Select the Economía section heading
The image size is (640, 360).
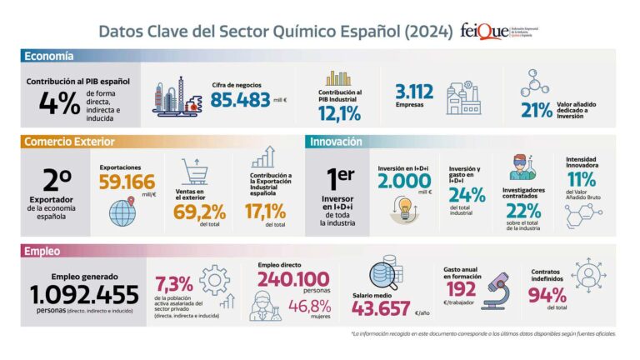tap(49, 57)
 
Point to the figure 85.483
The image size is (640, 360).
tap(241, 101)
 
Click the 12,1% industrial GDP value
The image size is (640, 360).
tap(339, 113)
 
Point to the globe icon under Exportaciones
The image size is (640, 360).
tap(122, 212)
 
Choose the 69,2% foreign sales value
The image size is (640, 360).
tap(200, 212)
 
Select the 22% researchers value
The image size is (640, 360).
tap(522, 211)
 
